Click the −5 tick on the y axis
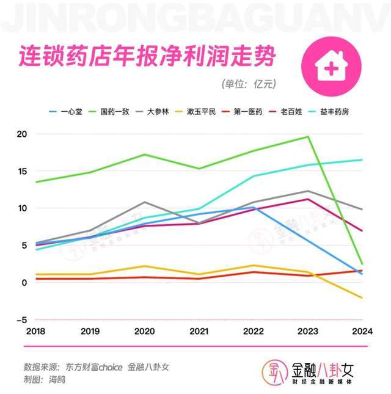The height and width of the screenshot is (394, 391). tap(21, 319)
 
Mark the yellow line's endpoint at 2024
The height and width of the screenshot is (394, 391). tap(362, 298)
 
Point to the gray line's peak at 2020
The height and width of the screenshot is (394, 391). tap(144, 202)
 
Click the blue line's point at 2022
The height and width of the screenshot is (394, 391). tap(254, 208)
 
